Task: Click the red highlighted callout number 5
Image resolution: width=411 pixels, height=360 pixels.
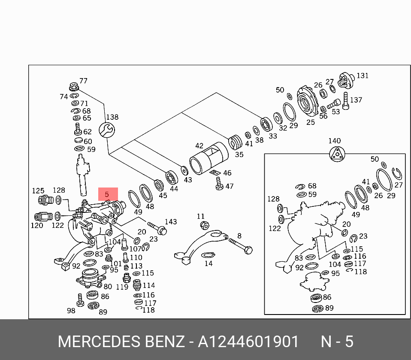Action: coord(108,194)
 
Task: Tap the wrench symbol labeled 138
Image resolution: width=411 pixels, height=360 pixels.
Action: coord(106,130)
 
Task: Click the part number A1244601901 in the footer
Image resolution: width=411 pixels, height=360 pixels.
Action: coord(248,342)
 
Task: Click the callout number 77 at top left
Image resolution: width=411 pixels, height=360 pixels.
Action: coord(83,81)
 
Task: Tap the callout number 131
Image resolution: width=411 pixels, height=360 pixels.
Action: coord(363,76)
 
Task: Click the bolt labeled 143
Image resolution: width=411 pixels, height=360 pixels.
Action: coord(157,228)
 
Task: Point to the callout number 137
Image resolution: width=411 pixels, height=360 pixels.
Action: coord(356,100)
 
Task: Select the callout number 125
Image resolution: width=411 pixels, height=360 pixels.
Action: coord(38,191)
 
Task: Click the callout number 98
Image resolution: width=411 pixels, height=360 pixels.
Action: coord(71,310)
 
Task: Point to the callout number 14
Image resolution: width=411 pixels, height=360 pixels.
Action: coord(209,263)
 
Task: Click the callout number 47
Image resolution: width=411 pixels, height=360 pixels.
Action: coord(230,186)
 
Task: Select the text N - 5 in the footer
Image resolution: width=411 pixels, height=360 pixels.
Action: coord(337,342)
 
